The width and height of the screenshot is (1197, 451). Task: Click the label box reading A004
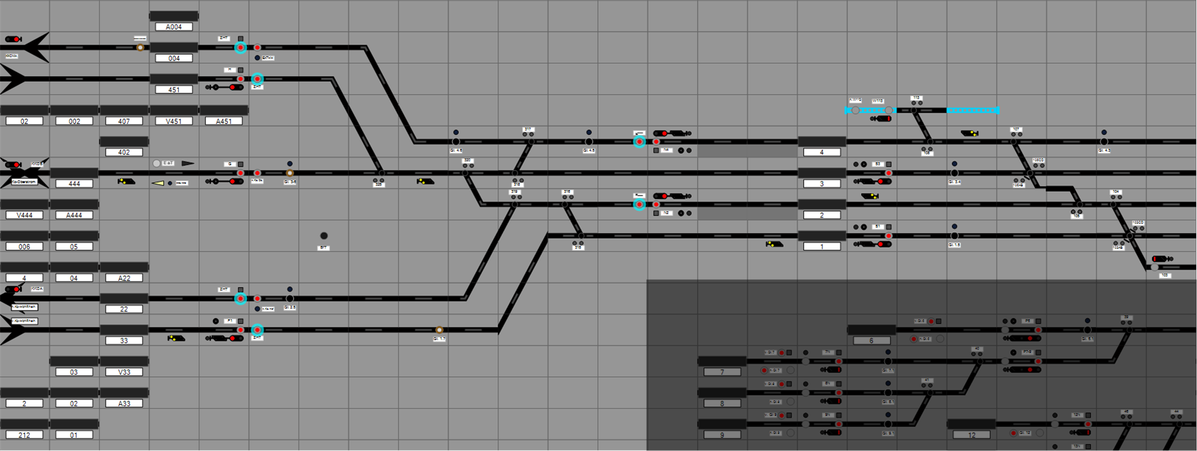click(174, 27)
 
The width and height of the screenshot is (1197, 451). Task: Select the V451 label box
click(174, 121)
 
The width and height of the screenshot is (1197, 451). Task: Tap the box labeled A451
click(223, 121)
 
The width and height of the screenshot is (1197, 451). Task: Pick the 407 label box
click(124, 121)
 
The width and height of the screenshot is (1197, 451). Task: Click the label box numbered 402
click(124, 152)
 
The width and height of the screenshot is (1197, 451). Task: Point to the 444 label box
click(74, 183)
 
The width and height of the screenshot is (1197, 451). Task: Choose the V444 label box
click(24, 215)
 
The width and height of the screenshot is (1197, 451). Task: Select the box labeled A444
click(74, 215)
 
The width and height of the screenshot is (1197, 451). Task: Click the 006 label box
click(24, 246)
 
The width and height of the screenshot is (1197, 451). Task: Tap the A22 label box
click(124, 278)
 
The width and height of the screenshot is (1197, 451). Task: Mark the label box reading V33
click(124, 372)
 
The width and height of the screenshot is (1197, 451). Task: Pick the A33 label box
click(124, 403)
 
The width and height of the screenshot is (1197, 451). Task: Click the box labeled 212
click(24, 435)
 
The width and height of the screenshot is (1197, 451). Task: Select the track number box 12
click(972, 435)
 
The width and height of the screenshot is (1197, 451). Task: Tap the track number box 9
click(722, 435)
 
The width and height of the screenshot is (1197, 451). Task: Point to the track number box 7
click(722, 372)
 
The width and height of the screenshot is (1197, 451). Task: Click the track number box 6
click(871, 340)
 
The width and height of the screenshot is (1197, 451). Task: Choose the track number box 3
click(822, 183)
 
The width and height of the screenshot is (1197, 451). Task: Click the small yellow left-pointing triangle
click(158, 183)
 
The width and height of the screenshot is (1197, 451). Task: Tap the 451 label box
click(174, 89)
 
